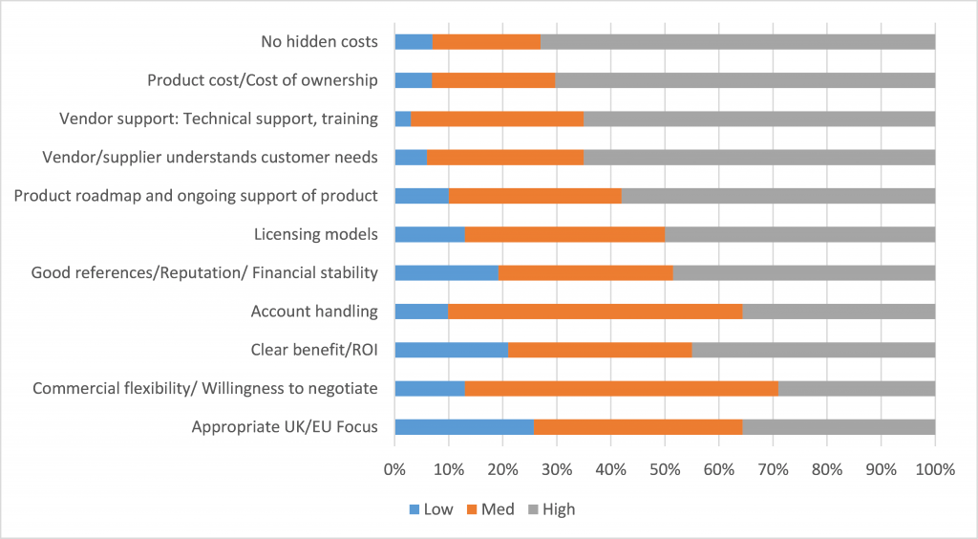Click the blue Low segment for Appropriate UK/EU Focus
coord(464,426)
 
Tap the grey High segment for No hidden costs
coord(737,42)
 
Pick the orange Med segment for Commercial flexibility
coord(622,388)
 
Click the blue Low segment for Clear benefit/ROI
coord(451,350)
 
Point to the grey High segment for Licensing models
coord(799,234)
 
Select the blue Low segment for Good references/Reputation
coord(446,272)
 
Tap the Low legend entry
coord(429,509)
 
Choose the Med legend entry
coord(489,509)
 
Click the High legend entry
coord(549,509)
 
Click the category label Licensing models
coord(316,234)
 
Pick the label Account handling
coord(314,311)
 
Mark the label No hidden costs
coord(319,42)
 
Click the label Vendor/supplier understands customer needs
coord(211,157)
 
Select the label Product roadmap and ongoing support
coord(196,196)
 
